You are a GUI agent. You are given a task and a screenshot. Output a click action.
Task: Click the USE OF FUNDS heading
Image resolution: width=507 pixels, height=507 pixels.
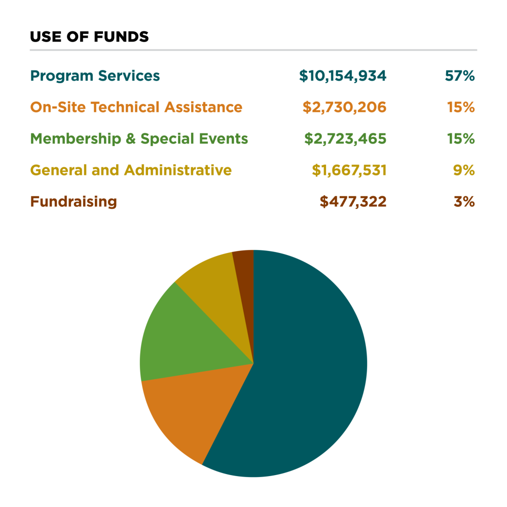[x=89, y=37]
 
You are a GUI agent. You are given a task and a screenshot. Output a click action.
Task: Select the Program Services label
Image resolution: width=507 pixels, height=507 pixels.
[x=95, y=76]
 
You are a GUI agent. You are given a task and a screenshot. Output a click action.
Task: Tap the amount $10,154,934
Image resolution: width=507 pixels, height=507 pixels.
[x=343, y=76]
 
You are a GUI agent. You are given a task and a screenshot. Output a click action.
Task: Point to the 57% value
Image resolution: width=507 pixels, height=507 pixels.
[x=460, y=76]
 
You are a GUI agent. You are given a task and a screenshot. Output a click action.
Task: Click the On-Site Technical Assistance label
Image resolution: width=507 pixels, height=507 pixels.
[x=136, y=107]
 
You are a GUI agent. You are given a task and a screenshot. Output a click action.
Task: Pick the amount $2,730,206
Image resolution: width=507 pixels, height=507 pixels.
[x=345, y=107]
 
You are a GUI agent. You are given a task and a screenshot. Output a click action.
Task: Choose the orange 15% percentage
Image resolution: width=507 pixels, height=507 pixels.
[x=461, y=107]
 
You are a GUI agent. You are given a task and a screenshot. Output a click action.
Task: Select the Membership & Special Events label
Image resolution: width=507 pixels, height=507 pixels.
[x=139, y=139]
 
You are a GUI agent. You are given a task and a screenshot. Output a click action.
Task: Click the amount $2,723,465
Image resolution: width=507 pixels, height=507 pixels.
[x=345, y=139]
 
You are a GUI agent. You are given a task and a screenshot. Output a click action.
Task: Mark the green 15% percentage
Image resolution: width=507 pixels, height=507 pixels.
[x=461, y=139]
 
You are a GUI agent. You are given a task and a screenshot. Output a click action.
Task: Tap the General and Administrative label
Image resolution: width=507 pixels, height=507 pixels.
[x=131, y=170]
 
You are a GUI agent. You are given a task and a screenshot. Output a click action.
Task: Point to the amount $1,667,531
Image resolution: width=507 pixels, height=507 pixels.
[x=349, y=170]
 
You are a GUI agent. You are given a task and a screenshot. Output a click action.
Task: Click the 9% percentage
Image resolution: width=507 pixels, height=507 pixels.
[x=464, y=170]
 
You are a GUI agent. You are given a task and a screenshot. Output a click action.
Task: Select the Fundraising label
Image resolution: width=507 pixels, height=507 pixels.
[x=74, y=202]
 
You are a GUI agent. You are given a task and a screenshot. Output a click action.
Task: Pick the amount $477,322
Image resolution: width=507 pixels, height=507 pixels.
[x=353, y=202]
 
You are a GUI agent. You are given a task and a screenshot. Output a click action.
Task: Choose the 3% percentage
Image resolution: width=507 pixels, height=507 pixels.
[x=464, y=202]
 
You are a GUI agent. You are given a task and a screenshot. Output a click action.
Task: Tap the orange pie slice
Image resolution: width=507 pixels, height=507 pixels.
[x=193, y=411]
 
